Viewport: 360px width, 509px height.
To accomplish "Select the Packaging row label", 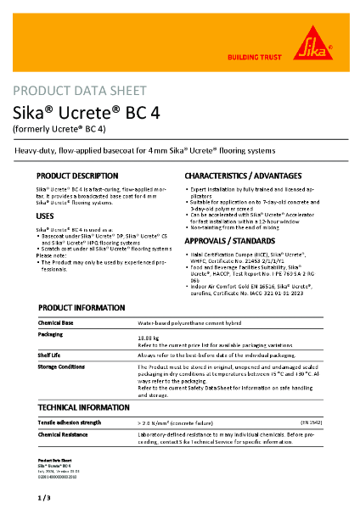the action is [x=52, y=334].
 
